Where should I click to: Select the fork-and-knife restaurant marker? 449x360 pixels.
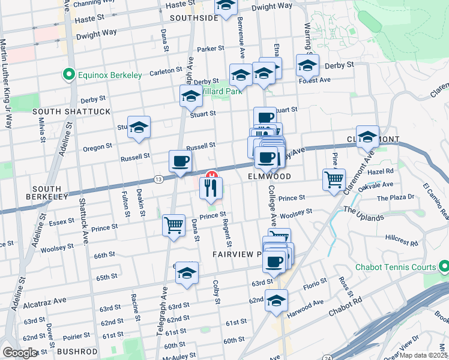click(211, 188)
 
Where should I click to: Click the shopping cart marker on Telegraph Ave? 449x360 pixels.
click(174, 226)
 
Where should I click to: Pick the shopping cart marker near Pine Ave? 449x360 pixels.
click(333, 178)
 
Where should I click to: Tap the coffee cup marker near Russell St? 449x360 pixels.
click(181, 160)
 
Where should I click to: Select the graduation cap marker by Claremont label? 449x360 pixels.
click(367, 136)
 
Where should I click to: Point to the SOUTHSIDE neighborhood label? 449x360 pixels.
click(194, 18)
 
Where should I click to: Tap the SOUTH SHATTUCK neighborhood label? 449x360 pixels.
click(71, 112)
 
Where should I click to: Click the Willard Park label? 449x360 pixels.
click(220, 91)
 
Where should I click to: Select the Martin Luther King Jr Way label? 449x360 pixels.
click(6, 84)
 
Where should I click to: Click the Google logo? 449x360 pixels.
click(20, 353)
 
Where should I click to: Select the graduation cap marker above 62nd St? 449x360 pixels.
click(277, 300)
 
